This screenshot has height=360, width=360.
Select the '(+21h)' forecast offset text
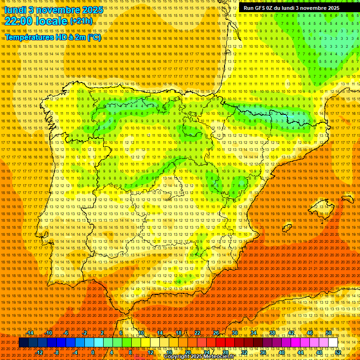(x=81, y=22)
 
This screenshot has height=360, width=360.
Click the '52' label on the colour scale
(x=337, y=352)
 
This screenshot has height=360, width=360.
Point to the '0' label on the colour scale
(x=93, y=352)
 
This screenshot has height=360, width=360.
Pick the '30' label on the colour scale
(x=234, y=333)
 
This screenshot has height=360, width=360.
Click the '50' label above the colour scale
(x=329, y=333)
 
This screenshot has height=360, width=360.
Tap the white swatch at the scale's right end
(x=333, y=343)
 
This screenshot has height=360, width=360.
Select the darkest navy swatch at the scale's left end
(x=23, y=343)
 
